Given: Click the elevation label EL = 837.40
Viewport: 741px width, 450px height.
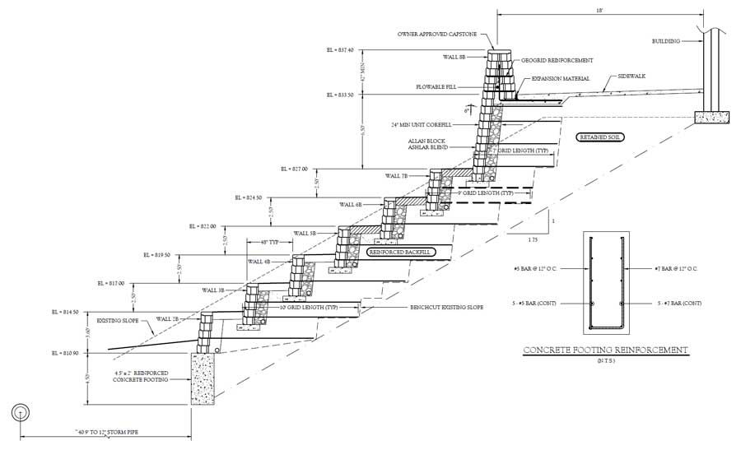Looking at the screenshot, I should tap(340, 50).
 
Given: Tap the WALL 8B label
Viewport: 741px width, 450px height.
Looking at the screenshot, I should tap(454, 57).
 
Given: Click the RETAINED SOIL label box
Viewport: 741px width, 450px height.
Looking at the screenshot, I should tap(600, 137).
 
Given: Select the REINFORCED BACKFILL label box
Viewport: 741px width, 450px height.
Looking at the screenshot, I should tap(399, 252).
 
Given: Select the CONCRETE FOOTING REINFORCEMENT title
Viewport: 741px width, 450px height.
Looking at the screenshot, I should tap(606, 350).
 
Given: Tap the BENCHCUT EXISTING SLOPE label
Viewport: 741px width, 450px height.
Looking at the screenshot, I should tap(446, 307).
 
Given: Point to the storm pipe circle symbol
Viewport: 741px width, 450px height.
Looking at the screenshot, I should tap(19, 413).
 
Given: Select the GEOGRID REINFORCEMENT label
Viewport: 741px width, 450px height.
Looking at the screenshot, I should tap(557, 60).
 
